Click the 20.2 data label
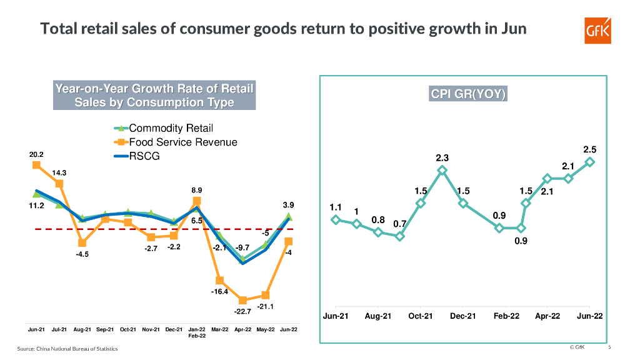click(36, 154)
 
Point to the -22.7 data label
click(242, 311)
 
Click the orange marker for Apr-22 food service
click(242, 300)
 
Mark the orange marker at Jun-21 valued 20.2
click(36, 165)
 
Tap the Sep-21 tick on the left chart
click(105, 329)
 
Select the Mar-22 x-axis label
click(219, 329)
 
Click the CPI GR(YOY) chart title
click(467, 94)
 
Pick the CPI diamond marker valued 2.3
click(442, 169)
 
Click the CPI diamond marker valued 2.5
click(589, 162)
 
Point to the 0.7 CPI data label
click(400, 224)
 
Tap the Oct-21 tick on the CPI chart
click(421, 316)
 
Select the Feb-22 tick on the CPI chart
click(506, 316)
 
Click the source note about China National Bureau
click(66, 348)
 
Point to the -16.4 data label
click(219, 292)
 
